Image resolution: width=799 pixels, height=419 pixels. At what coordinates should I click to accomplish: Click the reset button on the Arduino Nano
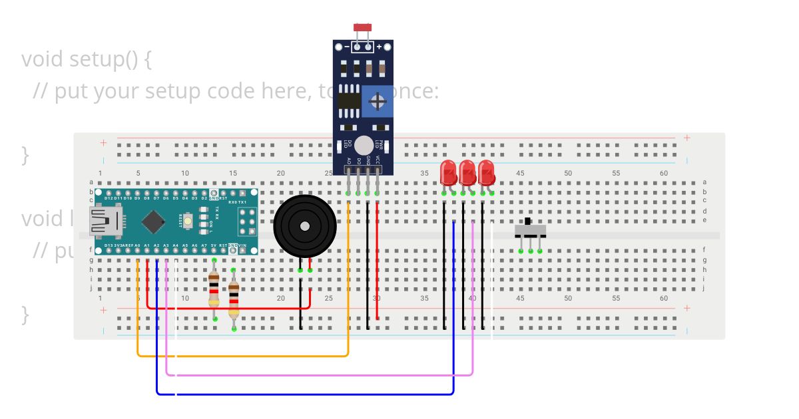tap(189, 218)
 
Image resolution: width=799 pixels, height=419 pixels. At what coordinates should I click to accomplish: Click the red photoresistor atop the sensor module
tap(363, 27)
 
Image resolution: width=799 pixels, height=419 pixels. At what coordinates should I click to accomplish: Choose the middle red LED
tap(467, 173)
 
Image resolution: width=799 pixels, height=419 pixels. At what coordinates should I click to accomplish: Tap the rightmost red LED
tap(486, 173)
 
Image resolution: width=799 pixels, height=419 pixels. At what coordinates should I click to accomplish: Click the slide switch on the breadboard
tap(530, 229)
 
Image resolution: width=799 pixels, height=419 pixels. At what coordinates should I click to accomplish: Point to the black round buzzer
tap(305, 226)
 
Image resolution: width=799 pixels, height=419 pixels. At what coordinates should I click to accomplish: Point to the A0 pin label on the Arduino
tap(137, 245)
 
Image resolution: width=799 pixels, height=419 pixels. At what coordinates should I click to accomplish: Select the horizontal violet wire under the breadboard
tap(320, 375)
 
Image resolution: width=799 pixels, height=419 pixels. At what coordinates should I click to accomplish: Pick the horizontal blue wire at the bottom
tap(306, 394)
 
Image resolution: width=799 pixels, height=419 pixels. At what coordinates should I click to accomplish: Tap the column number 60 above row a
tap(664, 173)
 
